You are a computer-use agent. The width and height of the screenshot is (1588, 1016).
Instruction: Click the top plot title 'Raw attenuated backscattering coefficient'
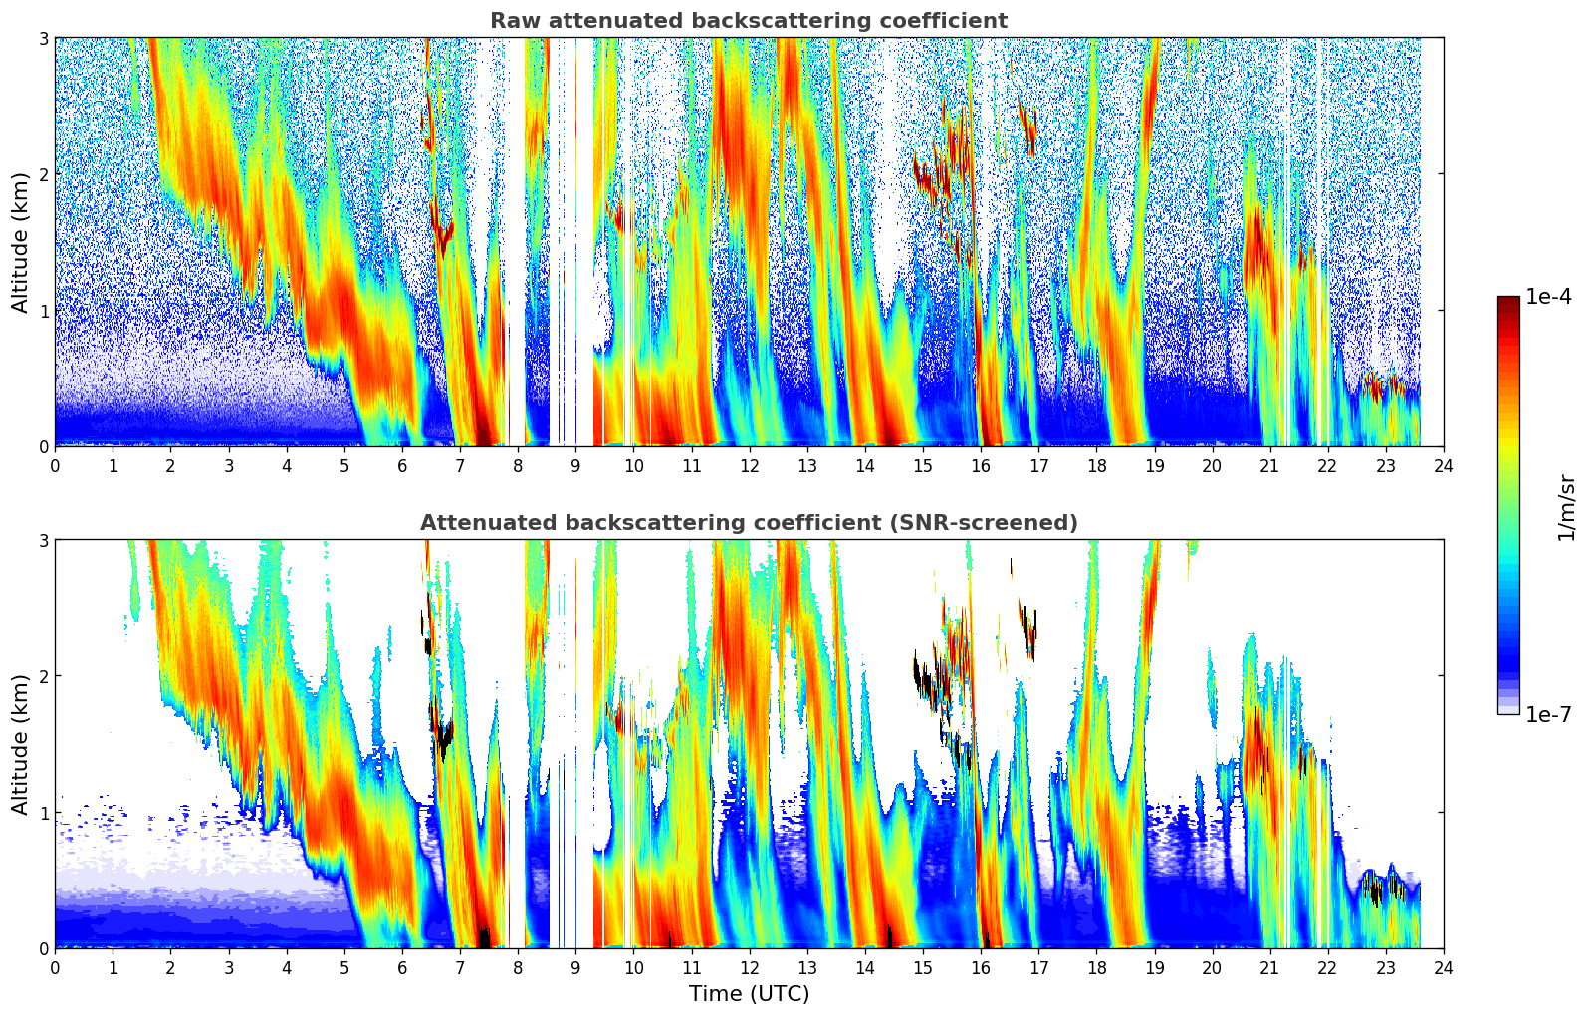point(749,21)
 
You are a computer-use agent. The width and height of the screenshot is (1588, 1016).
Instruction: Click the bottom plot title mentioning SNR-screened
point(749,523)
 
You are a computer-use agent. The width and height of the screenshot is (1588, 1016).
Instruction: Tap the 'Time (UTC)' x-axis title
point(749,994)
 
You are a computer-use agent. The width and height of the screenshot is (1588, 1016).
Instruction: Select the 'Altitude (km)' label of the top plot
point(21,242)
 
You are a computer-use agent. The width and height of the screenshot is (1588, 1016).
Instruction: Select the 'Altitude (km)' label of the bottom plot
point(21,744)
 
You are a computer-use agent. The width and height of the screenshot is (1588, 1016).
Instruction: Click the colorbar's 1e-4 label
point(1548,297)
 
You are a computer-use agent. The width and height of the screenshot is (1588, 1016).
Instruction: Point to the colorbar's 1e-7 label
point(1548,714)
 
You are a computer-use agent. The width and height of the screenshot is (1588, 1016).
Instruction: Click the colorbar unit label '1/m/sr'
point(1566,507)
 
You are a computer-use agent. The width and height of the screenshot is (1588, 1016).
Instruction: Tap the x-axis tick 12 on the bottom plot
point(749,968)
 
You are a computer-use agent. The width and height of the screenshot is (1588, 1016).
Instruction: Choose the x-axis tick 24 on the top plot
point(1444,466)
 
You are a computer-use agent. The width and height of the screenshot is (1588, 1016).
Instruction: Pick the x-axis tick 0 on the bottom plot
point(55,968)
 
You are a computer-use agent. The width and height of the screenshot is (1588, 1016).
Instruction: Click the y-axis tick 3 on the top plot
point(43,38)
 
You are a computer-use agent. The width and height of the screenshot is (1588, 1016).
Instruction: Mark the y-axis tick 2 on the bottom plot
point(43,676)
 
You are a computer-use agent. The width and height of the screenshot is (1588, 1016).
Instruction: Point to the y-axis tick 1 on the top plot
point(43,311)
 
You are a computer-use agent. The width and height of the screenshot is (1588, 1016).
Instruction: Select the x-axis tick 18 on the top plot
point(1096,466)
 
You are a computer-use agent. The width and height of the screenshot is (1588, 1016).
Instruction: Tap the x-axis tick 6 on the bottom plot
point(402,968)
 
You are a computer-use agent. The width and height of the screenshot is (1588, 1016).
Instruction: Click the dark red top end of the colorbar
point(1507,300)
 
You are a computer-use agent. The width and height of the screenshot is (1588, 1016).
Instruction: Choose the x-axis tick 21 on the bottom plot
point(1269,968)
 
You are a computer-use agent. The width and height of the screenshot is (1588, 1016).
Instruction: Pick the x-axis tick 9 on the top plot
point(575,466)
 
